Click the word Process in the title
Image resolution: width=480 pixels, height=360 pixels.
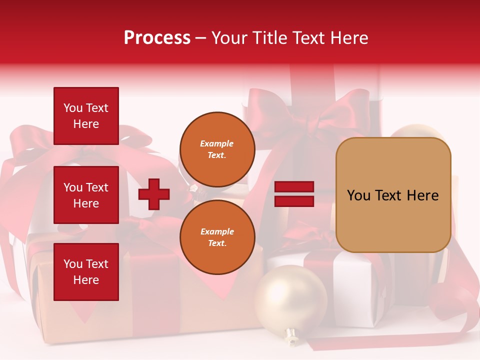coord(157,38)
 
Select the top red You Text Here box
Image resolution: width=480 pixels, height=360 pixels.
coord(86,116)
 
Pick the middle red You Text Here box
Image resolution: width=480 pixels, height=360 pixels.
coord(86,195)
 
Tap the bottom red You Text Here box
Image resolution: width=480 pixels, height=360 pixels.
coord(86,272)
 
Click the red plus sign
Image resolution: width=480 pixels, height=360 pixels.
coord(154,194)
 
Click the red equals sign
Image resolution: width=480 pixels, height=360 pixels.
coord(294,194)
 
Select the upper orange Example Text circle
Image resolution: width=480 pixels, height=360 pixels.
coord(217,149)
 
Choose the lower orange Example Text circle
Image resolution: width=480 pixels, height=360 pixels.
coord(217,237)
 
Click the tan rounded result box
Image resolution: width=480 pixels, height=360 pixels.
coord(393,194)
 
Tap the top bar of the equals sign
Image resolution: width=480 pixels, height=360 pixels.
coord(294,187)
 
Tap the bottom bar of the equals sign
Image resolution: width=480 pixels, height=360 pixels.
coord(294,201)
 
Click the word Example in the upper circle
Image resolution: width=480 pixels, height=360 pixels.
coord(216,143)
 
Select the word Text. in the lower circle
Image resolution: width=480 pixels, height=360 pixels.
coord(216,243)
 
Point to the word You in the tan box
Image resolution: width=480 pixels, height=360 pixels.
coord(358,195)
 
